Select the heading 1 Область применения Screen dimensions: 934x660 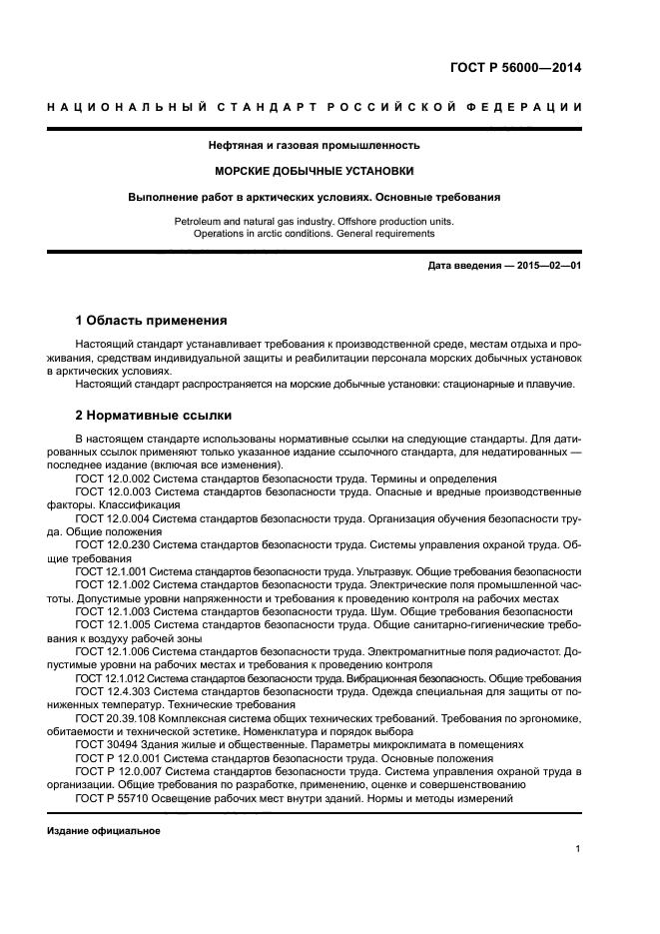click(x=151, y=321)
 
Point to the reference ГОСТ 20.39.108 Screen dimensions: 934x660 click(x=115, y=718)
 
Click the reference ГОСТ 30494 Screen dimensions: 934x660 click(x=101, y=745)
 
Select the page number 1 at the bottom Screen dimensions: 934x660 click(x=578, y=849)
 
